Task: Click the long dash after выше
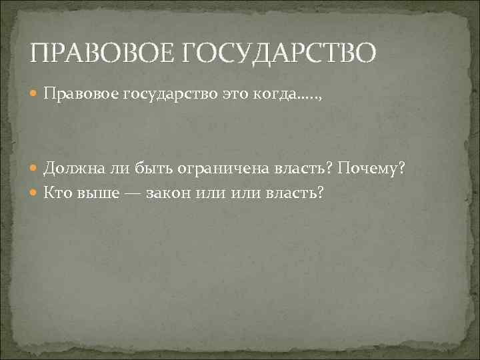(128, 192)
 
